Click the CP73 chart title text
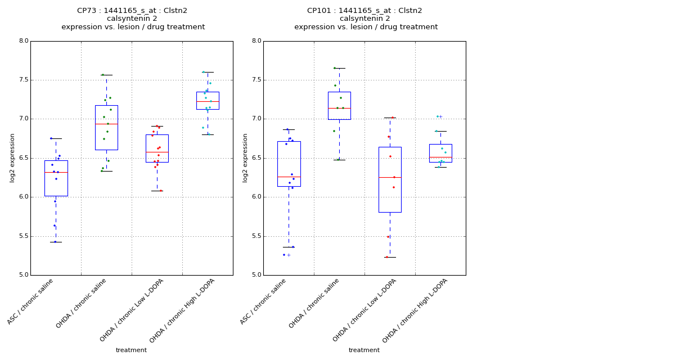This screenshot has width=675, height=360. coord(133,19)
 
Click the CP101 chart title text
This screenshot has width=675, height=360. coord(365,19)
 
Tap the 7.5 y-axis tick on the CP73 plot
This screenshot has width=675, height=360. coord(23,80)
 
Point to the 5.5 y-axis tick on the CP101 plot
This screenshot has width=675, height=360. coord(256,236)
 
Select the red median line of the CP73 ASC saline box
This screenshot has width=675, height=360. coord(56,172)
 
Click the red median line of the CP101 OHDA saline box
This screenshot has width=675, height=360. coord(339,108)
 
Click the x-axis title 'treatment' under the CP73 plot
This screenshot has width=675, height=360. coord(131,350)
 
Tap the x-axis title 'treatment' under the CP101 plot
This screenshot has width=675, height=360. coord(364,350)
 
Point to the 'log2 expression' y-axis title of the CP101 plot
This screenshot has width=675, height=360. coord(245,157)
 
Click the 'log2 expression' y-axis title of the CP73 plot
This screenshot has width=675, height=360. coord(12,157)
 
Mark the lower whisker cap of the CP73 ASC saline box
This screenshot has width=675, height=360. coord(56,242)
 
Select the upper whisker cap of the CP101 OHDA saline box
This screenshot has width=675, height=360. coord(339,68)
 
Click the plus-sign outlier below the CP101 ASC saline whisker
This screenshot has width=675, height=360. coord(289,255)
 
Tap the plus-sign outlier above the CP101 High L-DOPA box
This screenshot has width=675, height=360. coord(440,116)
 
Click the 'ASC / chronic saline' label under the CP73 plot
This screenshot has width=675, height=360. coord(31,300)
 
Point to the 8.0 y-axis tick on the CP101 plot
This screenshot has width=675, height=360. coord(256,41)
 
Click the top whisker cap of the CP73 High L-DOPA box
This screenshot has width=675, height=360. coord(208,72)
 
